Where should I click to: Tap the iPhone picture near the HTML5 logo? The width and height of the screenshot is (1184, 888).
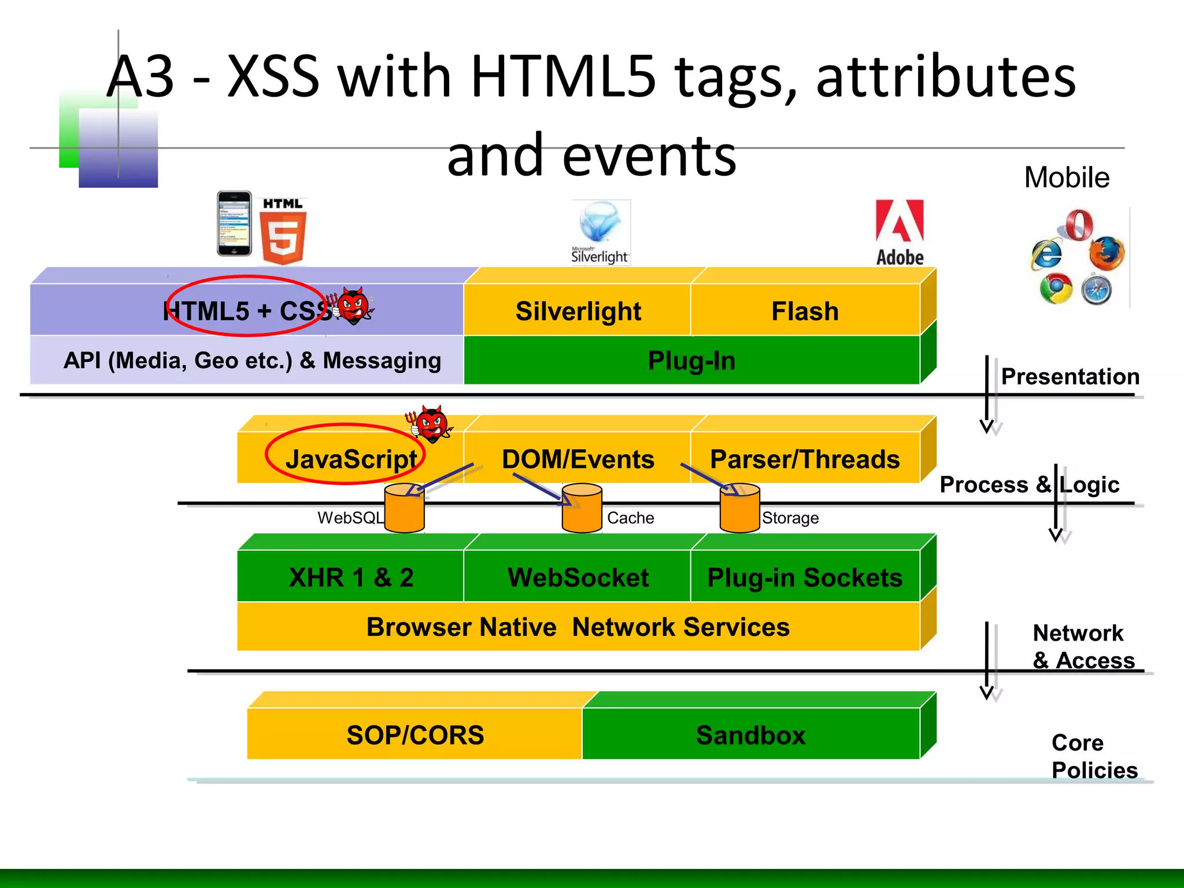coord(234,224)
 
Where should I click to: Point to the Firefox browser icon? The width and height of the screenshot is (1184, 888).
coord(1107,253)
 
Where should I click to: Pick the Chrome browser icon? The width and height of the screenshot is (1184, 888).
coord(1056,289)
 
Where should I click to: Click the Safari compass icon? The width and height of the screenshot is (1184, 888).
coord(1097,290)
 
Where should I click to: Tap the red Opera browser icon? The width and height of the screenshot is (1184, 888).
coord(1079,225)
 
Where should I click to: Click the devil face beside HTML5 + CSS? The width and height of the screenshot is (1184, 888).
coord(353,305)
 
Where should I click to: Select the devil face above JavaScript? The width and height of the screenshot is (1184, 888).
coord(431,424)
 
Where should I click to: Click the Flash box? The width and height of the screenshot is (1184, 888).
coord(805,311)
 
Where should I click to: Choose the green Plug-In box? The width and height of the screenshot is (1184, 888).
coord(691,361)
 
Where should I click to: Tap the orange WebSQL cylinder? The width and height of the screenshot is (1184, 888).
coord(405,509)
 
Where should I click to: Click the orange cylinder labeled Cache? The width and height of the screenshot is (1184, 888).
coord(582,509)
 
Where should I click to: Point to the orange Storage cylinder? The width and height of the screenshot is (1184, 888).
coord(739,509)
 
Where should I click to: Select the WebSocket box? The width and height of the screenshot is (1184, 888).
coord(578,577)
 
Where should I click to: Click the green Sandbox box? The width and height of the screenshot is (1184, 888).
coord(750,734)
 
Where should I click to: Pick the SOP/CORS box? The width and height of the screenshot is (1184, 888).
coord(415,734)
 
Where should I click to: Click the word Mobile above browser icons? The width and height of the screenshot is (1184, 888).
coord(1067,177)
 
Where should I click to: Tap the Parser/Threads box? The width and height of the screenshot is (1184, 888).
coord(805,459)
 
